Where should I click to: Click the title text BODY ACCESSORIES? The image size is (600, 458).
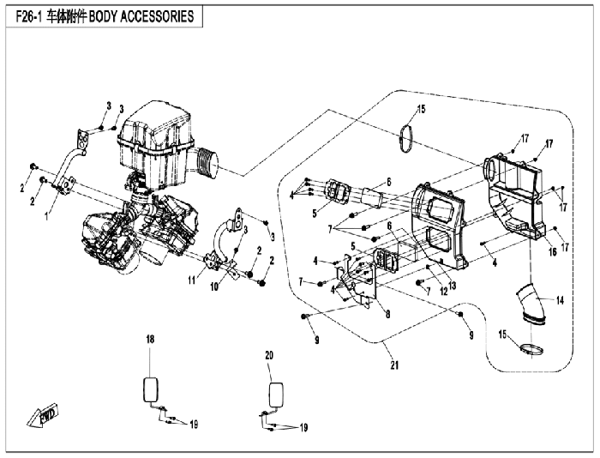click(141, 17)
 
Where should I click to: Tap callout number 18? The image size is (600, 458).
click(150, 340)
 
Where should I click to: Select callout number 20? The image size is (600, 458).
click(269, 355)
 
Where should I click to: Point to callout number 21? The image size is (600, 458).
click(394, 365)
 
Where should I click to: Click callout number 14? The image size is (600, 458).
click(561, 300)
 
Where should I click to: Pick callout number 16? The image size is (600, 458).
click(553, 252)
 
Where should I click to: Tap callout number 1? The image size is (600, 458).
click(46, 216)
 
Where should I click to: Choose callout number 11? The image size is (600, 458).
click(192, 280)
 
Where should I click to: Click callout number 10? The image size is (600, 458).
click(214, 286)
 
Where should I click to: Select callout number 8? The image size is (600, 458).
click(388, 315)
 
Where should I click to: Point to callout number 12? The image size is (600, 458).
click(443, 292)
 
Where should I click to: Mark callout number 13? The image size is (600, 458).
click(453, 286)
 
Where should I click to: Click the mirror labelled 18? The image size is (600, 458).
click(150, 390)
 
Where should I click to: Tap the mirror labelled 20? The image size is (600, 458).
click(277, 395)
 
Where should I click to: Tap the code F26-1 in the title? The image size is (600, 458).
click(29, 17)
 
